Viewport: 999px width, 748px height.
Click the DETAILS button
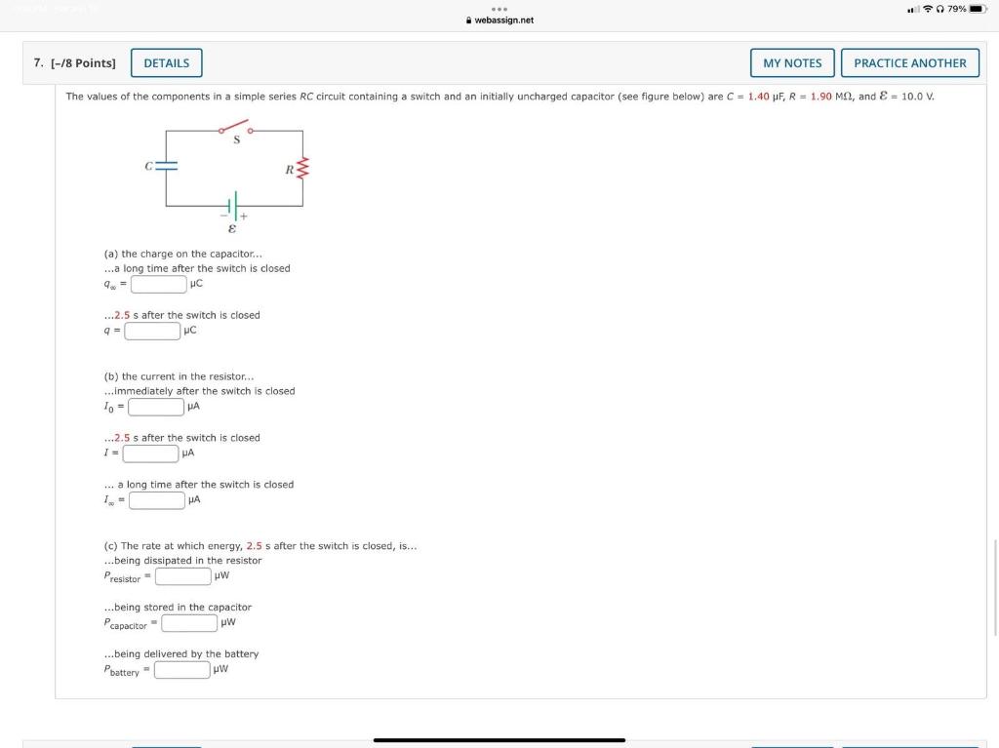click(167, 63)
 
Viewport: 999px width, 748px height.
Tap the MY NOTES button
click(792, 63)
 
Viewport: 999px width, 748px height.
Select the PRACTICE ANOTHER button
click(909, 63)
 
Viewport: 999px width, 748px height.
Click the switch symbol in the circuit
click(235, 129)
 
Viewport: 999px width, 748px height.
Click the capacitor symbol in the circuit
click(167, 166)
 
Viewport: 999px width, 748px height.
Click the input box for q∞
click(159, 284)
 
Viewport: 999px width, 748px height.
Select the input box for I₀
click(155, 407)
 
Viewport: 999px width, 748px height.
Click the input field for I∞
click(157, 500)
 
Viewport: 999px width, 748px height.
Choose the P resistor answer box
click(182, 575)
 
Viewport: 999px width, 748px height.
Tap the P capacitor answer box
click(189, 622)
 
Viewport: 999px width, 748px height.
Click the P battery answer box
click(182, 669)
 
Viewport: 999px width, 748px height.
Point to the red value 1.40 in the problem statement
click(758, 97)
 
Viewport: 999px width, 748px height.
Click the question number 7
click(37, 63)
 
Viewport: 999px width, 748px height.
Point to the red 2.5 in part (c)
click(254, 546)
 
